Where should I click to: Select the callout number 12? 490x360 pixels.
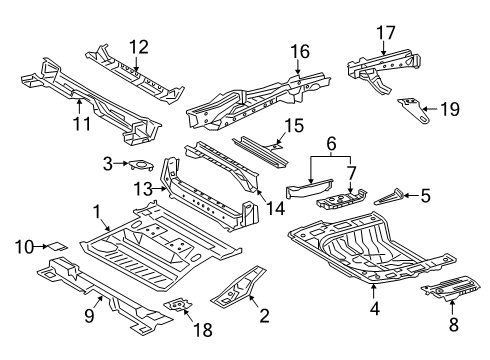(138, 45)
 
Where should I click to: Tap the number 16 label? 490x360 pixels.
(297, 52)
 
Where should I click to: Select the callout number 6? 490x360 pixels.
(327, 144)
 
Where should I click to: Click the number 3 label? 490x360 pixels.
(107, 164)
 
